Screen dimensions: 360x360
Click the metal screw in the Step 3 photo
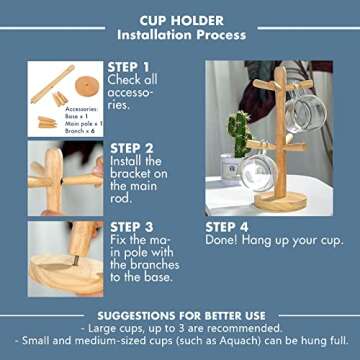(x=82, y=258)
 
